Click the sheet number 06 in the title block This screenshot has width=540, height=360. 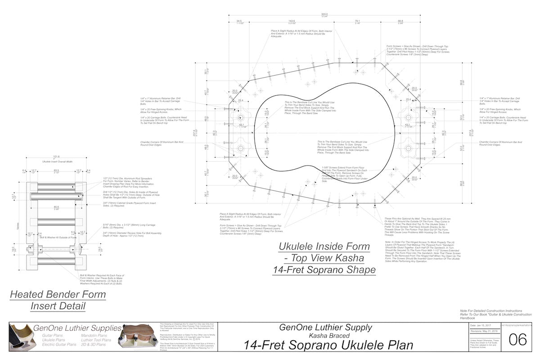click(x=517, y=340)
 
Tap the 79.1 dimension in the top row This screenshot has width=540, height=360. click(x=357, y=21)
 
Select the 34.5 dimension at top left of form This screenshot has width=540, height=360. click(x=239, y=21)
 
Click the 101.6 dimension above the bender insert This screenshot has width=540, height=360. click(x=56, y=157)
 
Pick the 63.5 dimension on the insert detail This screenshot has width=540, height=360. click(x=56, y=171)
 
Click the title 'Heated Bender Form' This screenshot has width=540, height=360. click(x=58, y=295)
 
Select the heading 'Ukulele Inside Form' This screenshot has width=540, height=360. click(x=324, y=247)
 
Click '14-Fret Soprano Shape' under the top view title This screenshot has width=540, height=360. click(x=324, y=270)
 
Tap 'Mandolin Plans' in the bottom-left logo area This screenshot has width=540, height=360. click(x=94, y=336)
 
